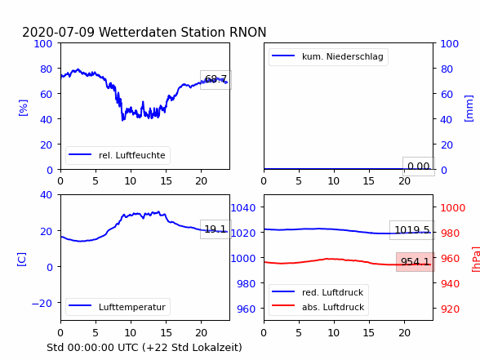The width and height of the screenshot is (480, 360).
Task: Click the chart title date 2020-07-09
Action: point(59,32)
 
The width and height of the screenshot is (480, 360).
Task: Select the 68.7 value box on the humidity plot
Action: point(216,80)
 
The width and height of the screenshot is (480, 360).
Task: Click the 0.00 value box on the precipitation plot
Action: point(419,167)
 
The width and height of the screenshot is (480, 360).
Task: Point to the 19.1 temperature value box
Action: point(216,229)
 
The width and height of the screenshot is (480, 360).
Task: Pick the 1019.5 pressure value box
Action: point(412,230)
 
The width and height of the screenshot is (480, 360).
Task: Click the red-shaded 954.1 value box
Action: point(415,262)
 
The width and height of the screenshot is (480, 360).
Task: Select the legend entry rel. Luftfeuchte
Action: point(118,155)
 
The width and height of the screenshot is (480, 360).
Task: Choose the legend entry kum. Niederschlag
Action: point(328,56)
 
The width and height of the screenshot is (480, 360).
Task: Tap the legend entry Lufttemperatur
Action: point(118,307)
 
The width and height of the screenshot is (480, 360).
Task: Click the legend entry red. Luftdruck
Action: point(318,292)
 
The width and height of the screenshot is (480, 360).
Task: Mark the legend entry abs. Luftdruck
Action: point(318,307)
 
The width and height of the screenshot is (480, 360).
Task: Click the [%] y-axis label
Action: point(23,108)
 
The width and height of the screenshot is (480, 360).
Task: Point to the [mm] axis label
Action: point(469,109)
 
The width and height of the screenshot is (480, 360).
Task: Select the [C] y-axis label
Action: point(22,260)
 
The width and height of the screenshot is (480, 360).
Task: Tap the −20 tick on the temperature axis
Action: point(42,303)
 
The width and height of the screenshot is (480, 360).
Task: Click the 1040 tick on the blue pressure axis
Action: point(243,208)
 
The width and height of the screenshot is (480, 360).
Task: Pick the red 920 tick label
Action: point(450,309)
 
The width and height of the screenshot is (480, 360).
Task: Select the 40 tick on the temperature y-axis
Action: point(46,194)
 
